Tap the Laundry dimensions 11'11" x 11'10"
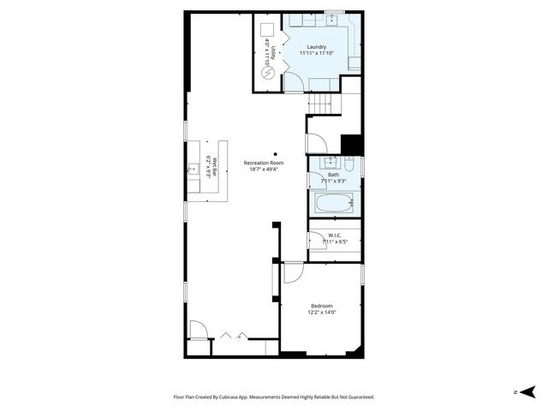click(x=317, y=54)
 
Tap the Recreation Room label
click(x=263, y=163)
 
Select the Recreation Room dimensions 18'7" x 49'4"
click(x=263, y=170)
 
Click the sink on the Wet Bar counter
click(x=193, y=170)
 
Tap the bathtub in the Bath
click(x=332, y=204)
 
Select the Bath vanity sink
click(x=328, y=162)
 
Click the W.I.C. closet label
click(x=334, y=236)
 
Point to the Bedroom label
click(x=321, y=306)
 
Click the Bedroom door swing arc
click(x=292, y=272)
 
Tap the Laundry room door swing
click(x=292, y=82)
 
